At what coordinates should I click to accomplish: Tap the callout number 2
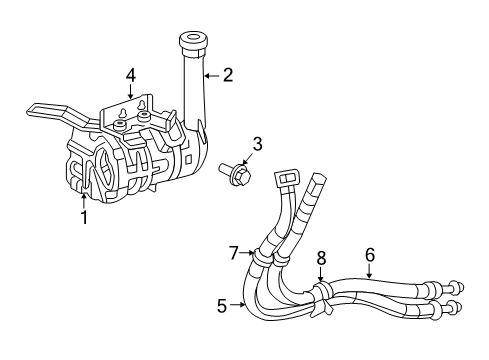228,73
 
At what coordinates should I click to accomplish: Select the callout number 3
257,145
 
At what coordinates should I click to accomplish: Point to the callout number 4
130,74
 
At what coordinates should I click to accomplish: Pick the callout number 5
223,306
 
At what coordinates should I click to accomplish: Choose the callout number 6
369,255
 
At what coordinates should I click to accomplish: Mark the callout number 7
233,251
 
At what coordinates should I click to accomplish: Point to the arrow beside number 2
212,74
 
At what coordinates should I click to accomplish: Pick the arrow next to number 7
248,252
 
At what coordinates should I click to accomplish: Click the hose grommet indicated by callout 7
262,257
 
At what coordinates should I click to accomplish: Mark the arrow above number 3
250,162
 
